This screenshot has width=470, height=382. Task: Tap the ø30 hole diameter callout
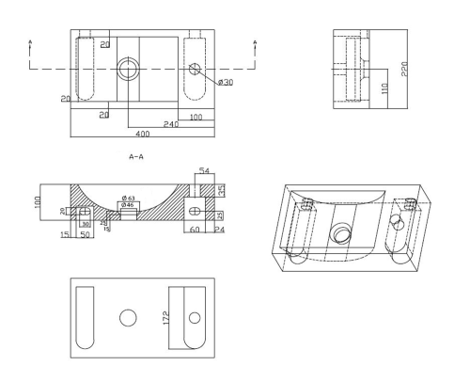point(226,83)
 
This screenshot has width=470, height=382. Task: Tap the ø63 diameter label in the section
point(129,198)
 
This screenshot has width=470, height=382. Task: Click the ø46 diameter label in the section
point(129,205)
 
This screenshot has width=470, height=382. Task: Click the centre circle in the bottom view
point(128,317)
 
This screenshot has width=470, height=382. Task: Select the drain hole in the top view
point(127,69)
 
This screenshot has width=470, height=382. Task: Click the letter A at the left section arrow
point(31,42)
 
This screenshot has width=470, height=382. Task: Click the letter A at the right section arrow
point(257,42)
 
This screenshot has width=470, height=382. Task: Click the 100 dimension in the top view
point(196,117)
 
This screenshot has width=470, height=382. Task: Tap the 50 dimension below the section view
point(83,233)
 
